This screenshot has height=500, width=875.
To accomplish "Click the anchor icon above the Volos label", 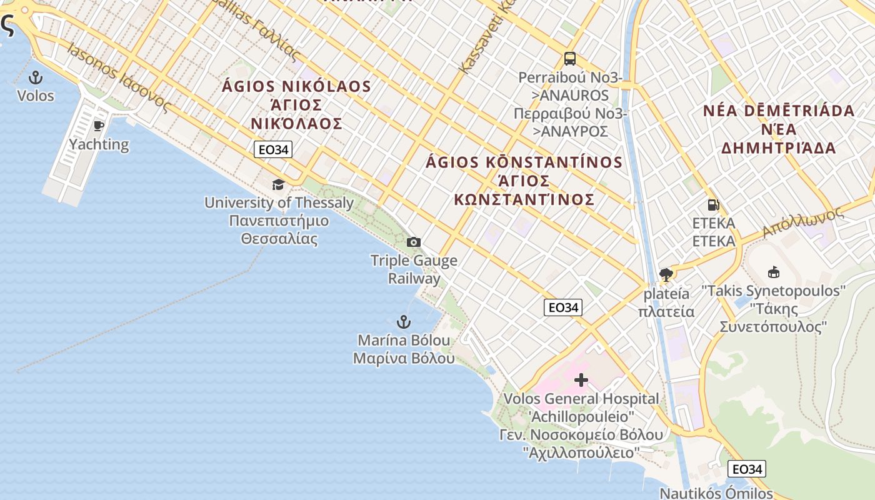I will (36, 77).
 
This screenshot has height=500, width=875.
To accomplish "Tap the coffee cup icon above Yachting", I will (99, 126).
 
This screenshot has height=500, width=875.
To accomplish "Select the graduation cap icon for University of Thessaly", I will (278, 184).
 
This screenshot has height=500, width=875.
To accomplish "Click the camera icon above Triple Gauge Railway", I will (413, 242).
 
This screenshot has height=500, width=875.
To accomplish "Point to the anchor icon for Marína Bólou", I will (404, 322).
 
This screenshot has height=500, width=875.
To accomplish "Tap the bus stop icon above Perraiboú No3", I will (569, 59).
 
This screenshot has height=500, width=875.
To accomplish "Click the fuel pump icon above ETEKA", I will (712, 204).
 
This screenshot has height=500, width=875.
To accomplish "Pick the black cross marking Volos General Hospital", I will (581, 380).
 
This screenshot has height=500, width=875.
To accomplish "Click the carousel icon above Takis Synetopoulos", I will (773, 272).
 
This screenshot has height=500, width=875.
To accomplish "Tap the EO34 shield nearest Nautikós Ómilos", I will (746, 469).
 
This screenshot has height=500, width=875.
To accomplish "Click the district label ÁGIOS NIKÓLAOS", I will (296, 87).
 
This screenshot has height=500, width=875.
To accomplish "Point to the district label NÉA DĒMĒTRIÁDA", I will (778, 111).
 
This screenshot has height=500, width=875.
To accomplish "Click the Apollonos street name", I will (802, 222).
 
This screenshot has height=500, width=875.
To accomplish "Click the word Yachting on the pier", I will (99, 144).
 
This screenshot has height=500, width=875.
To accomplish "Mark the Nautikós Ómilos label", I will (716, 492).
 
